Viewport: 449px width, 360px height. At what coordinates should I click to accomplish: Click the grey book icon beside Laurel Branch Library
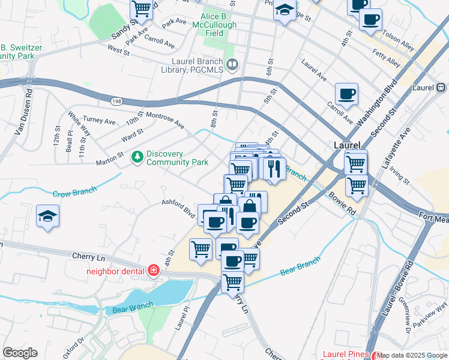click(232, 64)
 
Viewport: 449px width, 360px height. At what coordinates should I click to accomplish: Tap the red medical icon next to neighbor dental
click(154, 270)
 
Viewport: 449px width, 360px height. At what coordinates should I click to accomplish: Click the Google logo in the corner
click(20, 353)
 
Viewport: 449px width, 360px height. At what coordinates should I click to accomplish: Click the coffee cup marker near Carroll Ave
click(346, 94)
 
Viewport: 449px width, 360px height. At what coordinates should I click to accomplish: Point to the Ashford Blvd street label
click(178, 208)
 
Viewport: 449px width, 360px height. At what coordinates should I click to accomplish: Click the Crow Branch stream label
click(74, 193)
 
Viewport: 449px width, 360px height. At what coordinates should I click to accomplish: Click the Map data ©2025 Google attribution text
click(412, 355)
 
